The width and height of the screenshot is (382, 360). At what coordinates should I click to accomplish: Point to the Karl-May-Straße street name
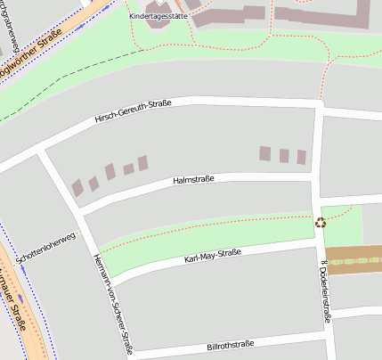[x=212, y=258]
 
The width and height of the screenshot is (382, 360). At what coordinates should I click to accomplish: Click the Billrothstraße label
[x=230, y=344]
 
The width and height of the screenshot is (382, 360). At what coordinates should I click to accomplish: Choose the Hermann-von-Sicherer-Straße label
[x=112, y=302]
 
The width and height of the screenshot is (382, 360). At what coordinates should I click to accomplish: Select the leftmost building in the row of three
[x=264, y=153]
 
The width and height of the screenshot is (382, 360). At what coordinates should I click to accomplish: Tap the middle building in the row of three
[x=284, y=155]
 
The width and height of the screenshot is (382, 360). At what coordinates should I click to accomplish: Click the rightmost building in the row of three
[x=302, y=157]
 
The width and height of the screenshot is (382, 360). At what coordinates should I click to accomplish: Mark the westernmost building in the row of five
[x=77, y=187]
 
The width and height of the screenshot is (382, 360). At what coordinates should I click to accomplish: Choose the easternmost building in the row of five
[x=142, y=162]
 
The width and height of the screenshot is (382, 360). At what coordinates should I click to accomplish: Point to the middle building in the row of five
[x=110, y=172]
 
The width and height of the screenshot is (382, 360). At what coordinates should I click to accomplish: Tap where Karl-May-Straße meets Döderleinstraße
[x=318, y=241]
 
